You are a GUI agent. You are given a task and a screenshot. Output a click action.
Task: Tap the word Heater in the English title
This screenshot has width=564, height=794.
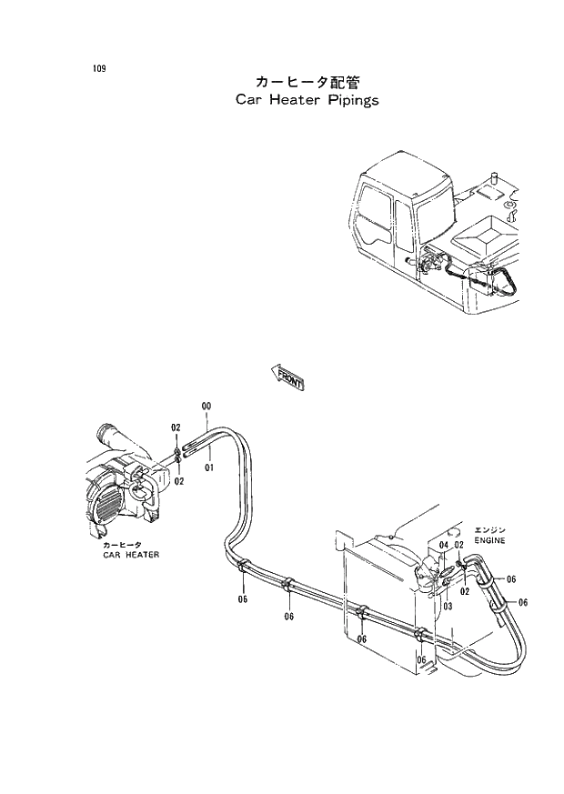tap(286, 100)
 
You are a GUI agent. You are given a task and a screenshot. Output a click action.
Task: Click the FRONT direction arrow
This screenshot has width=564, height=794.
tap(287, 378)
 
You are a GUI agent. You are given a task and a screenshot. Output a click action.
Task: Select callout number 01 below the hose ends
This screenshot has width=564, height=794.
tap(208, 467)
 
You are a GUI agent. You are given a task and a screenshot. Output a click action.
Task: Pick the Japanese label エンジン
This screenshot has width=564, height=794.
tap(488, 528)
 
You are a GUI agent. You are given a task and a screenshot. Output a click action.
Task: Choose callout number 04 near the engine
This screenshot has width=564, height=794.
tap(443, 545)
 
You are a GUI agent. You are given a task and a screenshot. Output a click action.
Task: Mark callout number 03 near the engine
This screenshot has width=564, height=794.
tap(448, 605)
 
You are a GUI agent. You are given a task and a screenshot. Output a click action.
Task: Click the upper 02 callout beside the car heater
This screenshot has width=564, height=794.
tap(176, 427)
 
